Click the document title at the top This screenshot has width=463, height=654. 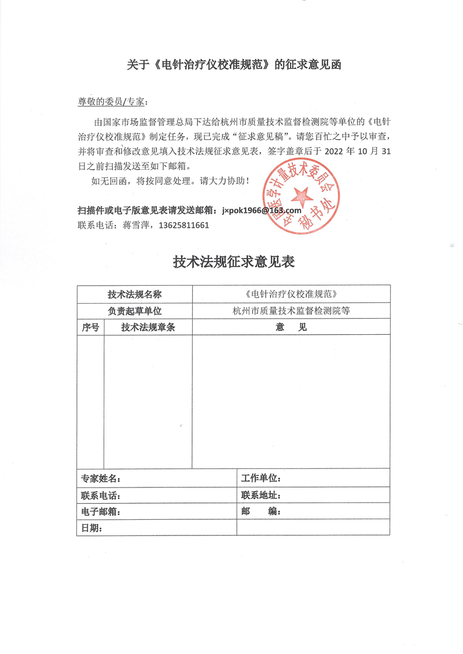(x=234, y=65)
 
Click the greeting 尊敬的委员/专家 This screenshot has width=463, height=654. (x=113, y=102)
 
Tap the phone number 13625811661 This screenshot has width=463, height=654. (x=183, y=226)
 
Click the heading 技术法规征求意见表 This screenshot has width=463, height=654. (x=234, y=262)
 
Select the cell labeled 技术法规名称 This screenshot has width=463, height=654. (x=134, y=294)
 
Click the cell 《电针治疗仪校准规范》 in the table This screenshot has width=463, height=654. (x=291, y=294)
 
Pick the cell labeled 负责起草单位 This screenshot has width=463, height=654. (x=134, y=311)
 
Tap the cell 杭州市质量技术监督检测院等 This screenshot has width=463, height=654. (x=291, y=311)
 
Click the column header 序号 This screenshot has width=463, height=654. (x=90, y=327)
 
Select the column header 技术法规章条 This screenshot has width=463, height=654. (x=148, y=327)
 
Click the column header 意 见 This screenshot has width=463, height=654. (x=291, y=327)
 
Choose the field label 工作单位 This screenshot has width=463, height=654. (x=261, y=478)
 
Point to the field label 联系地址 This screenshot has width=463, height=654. (x=261, y=496)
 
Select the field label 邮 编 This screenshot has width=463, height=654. (x=261, y=512)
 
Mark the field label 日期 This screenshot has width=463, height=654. (x=92, y=528)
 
